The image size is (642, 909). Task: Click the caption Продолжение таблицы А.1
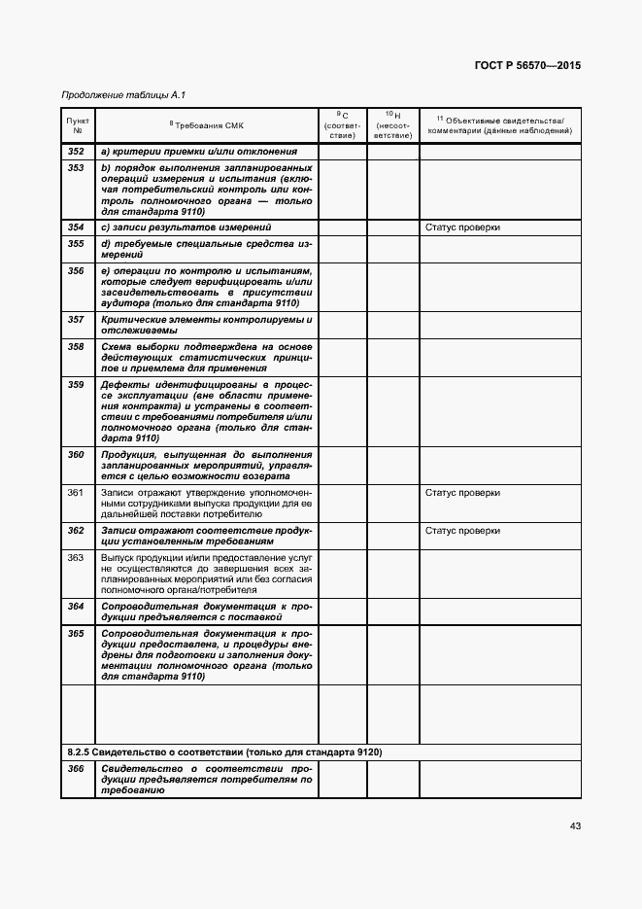[122, 95]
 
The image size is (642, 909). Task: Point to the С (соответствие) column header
[342, 124]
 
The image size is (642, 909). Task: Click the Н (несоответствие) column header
[392, 124]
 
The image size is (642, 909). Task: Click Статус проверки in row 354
[462, 227]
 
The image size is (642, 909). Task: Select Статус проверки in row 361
[462, 493]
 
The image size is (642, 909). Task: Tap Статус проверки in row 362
[462, 531]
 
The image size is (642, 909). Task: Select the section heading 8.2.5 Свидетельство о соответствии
[223, 752]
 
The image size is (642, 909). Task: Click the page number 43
[575, 825]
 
